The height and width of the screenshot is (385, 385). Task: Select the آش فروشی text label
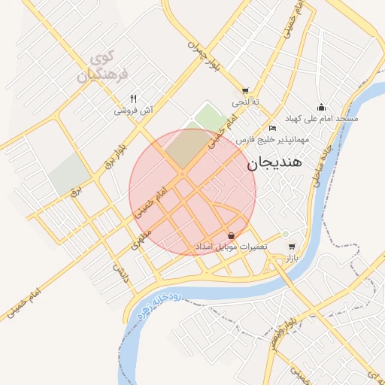[133, 110]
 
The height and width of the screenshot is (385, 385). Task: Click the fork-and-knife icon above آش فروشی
[133, 98]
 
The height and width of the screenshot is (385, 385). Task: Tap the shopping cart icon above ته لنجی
[245, 89]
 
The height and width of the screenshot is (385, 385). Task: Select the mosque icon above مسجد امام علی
[321, 107]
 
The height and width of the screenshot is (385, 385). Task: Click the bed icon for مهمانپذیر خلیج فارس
[273, 129]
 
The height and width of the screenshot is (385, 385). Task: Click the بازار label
[291, 257]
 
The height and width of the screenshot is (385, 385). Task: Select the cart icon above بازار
[291, 246]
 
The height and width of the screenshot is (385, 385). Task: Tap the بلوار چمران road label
[207, 56]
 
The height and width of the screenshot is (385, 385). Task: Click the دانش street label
[120, 272]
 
